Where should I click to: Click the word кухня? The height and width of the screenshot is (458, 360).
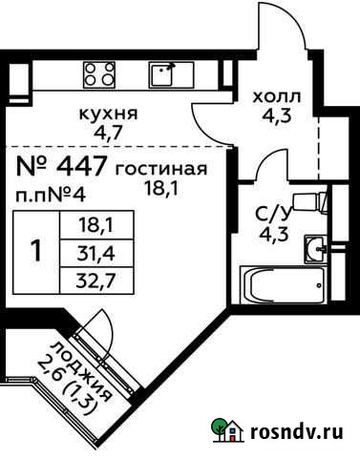tap(107, 113)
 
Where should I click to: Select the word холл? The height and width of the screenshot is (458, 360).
tap(276, 96)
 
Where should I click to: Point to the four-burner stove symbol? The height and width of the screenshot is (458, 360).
tap(98, 73)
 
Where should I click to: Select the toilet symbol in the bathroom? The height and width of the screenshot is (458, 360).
tap(307, 201)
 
